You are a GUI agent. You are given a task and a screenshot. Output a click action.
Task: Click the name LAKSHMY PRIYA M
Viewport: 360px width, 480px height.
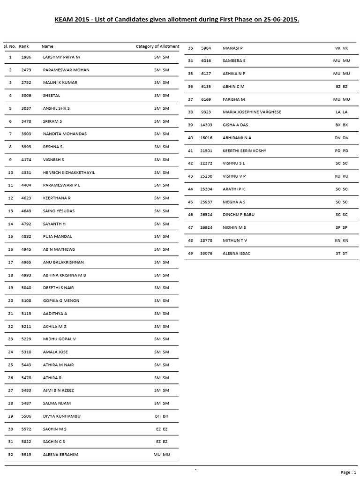61,57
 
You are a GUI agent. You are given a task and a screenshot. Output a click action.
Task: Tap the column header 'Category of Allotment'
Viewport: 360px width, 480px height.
157,46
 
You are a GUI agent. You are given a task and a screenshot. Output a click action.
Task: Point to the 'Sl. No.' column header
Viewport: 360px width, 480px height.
10,46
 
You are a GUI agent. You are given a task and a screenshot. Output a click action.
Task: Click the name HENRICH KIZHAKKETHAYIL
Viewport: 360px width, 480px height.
69,172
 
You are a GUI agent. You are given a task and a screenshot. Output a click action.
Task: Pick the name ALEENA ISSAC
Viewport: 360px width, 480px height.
237,253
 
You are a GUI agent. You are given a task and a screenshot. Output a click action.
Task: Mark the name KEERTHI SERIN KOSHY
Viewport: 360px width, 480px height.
244,150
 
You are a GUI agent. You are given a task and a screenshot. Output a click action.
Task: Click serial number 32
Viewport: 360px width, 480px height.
10,455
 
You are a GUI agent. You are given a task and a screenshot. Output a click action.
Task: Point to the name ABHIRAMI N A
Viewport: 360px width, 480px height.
237,138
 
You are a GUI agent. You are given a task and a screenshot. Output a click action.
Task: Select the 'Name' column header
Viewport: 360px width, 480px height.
47,46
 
